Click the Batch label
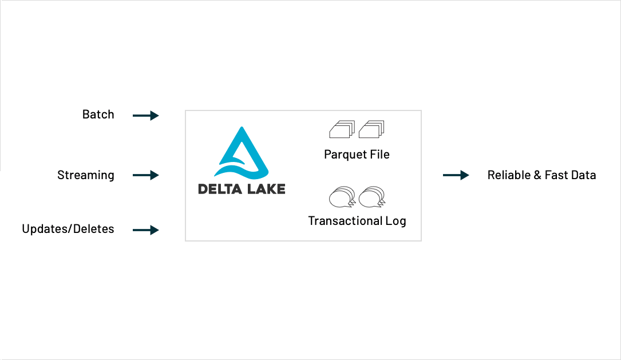[98, 114]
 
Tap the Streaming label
[85, 175]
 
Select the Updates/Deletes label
[68, 229]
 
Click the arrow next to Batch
[145, 116]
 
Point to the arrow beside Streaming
[145, 175]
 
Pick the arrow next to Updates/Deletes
[145, 230]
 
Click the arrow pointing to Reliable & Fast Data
[456, 175]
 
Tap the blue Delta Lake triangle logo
[241, 152]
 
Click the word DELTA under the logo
[218, 189]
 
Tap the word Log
[397, 221]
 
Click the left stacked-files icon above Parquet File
[342, 129]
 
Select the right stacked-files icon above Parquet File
[371, 129]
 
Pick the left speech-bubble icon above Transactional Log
[342, 197]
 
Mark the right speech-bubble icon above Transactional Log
[371, 197]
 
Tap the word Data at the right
[583, 175]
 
